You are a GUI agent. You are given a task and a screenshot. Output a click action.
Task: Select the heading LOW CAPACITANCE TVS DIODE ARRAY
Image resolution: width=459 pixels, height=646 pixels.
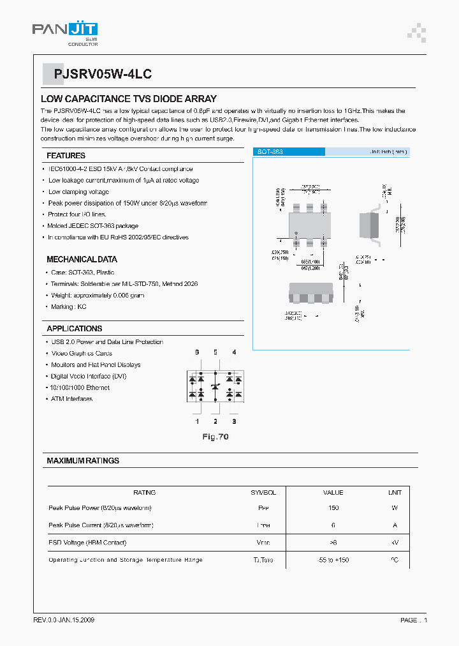(x=129, y=99)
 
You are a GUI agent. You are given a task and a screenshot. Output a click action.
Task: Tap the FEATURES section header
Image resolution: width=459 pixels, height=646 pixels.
(x=66, y=156)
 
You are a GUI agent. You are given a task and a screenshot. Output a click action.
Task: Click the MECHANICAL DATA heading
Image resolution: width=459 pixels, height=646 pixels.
(x=82, y=260)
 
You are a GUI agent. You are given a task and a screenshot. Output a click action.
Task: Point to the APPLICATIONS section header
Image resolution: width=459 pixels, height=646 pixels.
(x=74, y=329)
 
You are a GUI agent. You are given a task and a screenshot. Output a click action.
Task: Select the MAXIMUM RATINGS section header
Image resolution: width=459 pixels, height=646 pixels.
(x=83, y=460)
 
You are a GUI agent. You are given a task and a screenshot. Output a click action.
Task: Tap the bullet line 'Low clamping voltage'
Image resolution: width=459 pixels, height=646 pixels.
(x=78, y=192)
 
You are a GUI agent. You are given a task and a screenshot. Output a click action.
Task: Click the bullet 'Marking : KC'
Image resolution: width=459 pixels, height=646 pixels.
(x=68, y=307)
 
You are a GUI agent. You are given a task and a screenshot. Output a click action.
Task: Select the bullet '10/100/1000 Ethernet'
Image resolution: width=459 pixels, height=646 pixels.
(x=79, y=387)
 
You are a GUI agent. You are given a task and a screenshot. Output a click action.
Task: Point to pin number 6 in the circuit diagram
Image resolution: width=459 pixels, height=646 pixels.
(x=197, y=352)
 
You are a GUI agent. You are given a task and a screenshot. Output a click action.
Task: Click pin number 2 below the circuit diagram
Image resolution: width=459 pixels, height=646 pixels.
(x=215, y=421)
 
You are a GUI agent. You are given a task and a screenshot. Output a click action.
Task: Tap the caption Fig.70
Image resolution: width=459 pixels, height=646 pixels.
(x=215, y=437)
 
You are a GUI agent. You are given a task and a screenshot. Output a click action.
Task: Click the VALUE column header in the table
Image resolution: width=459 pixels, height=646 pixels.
(x=333, y=492)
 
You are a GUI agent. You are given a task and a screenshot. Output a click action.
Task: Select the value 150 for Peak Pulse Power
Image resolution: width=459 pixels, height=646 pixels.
(x=333, y=508)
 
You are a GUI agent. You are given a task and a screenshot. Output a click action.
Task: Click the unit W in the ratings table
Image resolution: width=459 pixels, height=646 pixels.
(x=395, y=508)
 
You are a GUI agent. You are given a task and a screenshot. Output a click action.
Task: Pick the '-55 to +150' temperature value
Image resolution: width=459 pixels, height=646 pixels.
(x=333, y=560)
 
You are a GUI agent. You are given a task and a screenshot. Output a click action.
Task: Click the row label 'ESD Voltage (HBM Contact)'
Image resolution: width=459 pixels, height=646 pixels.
(x=87, y=543)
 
